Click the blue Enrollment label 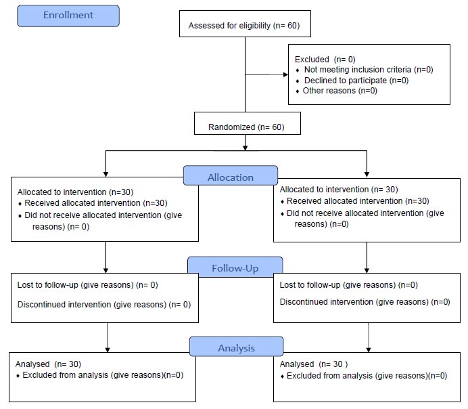(68, 16)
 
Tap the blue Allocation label (231, 175)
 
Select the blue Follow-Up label (235, 267)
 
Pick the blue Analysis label (237, 347)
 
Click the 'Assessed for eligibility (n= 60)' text (244, 26)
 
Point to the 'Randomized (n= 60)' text (246, 127)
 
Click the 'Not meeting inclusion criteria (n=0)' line (369, 70)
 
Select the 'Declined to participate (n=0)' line (356, 81)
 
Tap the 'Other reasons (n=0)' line (340, 91)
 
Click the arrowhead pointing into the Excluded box (285, 74)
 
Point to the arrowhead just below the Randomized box (245, 148)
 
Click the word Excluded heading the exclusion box (312, 59)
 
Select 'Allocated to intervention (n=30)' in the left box (75, 192)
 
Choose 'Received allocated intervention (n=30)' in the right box (358, 201)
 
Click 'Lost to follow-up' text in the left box (48, 284)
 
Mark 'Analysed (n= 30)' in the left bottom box (48, 364)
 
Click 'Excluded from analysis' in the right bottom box (329, 376)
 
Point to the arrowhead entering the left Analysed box (108, 350)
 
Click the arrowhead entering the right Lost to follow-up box (367, 270)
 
